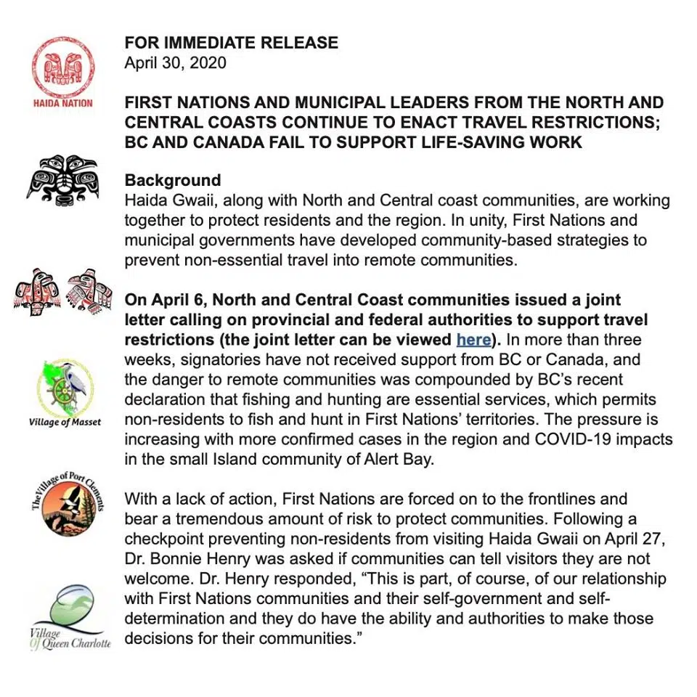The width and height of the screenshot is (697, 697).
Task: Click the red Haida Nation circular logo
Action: click(x=63, y=67)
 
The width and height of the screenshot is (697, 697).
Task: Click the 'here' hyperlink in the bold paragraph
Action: click(x=473, y=339)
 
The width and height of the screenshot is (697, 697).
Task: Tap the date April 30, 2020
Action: click(x=175, y=62)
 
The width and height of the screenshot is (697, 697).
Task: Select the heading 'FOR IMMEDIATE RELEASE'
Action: click(x=231, y=43)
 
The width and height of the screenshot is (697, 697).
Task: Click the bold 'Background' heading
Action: click(x=173, y=181)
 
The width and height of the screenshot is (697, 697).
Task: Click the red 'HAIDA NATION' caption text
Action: click(x=63, y=103)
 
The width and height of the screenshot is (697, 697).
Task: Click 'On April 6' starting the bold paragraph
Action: click(x=161, y=299)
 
